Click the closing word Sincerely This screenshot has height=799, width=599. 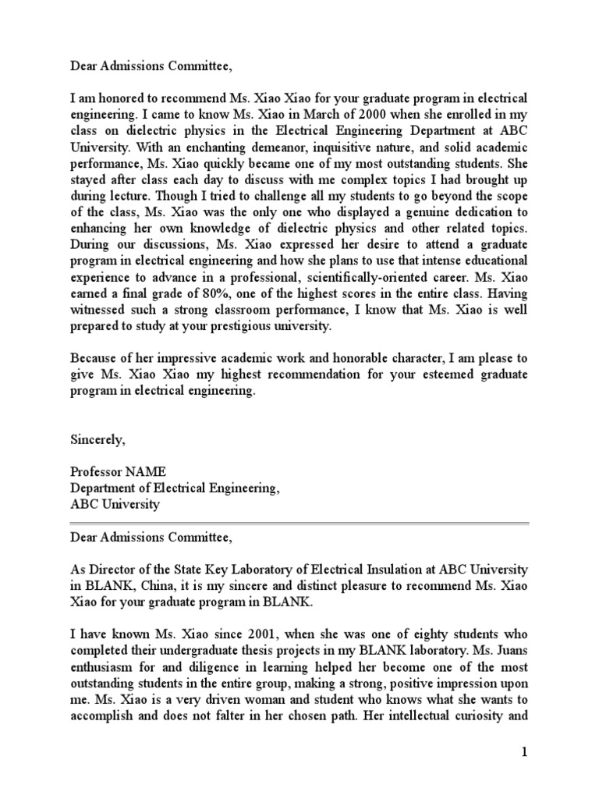tap(97, 440)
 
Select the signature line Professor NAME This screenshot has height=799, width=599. tap(118, 472)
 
